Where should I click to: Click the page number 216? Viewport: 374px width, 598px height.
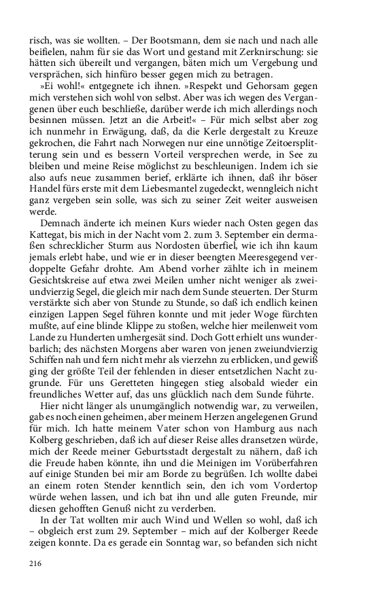pyautogui.click(x=36, y=563)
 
